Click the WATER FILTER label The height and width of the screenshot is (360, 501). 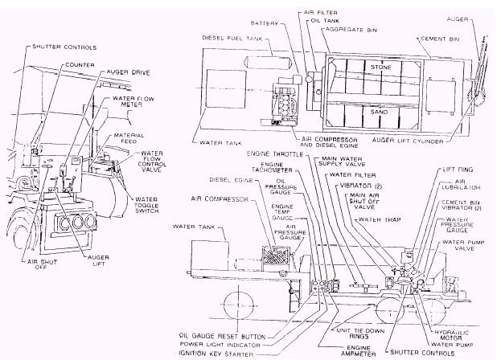pos(355,174)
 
